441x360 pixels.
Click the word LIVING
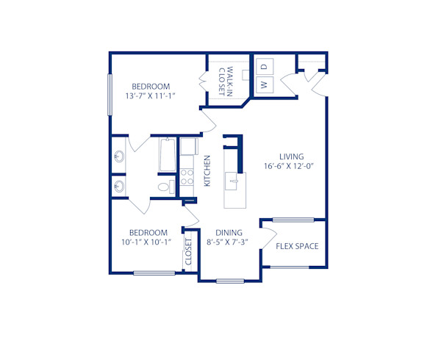point(291,155)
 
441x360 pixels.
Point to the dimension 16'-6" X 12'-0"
point(291,166)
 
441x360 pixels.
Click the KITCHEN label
point(208,170)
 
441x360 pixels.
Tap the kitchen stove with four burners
point(187,176)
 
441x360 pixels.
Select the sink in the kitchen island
point(234,178)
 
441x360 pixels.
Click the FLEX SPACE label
point(297,246)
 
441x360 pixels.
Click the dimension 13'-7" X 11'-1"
point(151,96)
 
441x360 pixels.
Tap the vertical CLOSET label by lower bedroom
point(189,251)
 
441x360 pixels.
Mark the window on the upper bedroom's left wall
point(110,94)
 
